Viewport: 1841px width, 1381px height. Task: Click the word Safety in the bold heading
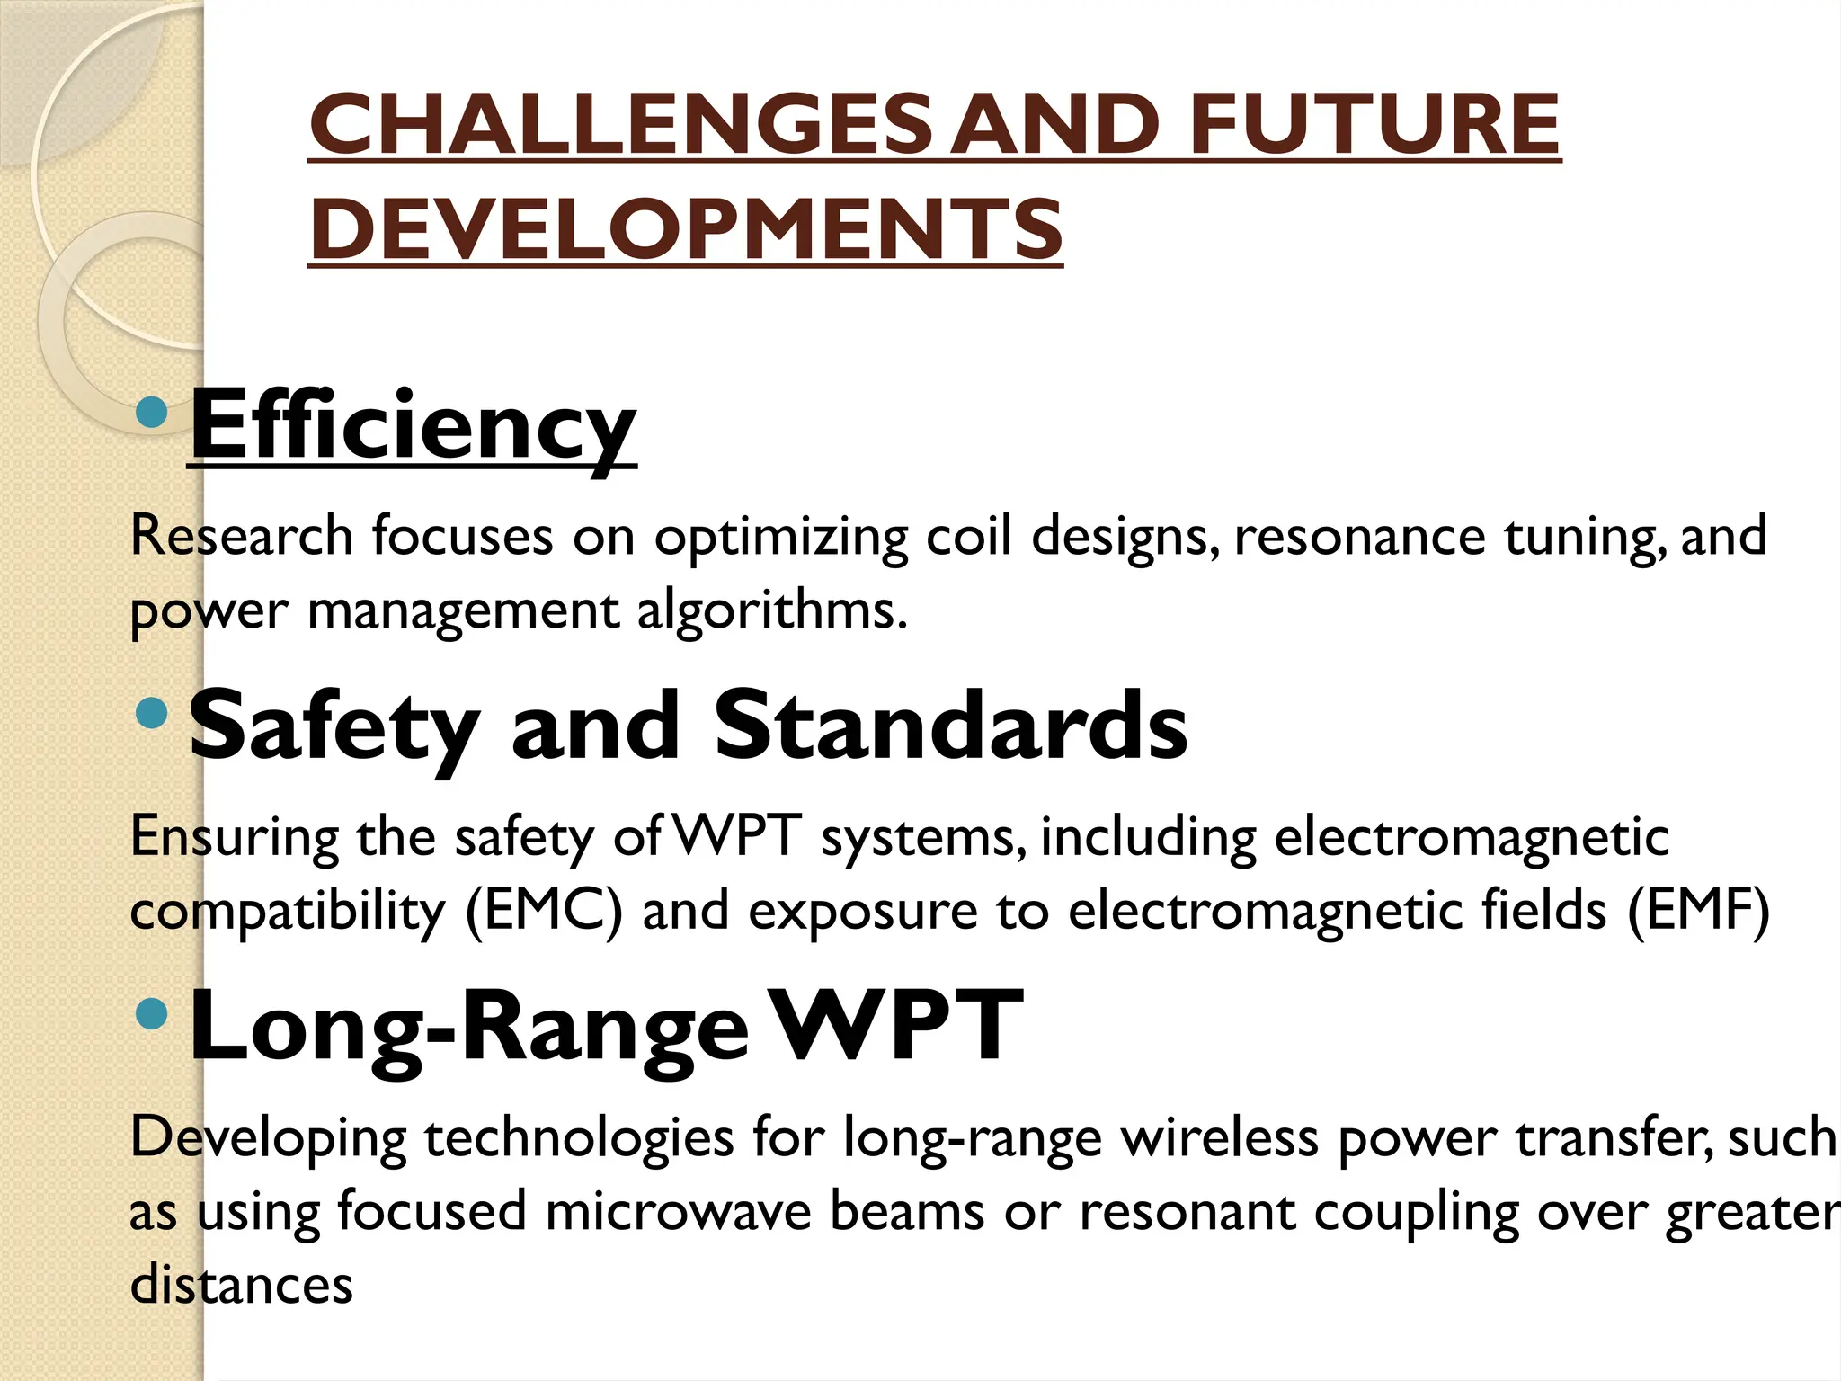pyautogui.click(x=334, y=726)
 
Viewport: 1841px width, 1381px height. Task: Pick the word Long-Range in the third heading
pyautogui.click(x=468, y=1026)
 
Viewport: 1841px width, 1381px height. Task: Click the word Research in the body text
pyautogui.click(x=242, y=537)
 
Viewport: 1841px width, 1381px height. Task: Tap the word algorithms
pyautogui.click(x=771, y=611)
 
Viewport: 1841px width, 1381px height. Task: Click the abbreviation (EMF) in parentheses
pyautogui.click(x=1698, y=912)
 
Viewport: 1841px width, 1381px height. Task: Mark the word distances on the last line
pyautogui.click(x=242, y=1285)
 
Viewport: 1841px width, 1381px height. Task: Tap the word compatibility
pyautogui.click(x=288, y=912)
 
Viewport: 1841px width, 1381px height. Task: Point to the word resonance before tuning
pyautogui.click(x=1360, y=537)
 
